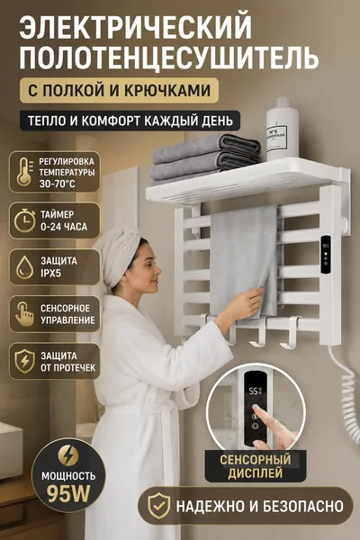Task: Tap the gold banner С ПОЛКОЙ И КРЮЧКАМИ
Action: tap(119, 90)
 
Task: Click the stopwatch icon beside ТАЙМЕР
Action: tap(25, 220)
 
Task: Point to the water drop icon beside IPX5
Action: tap(25, 267)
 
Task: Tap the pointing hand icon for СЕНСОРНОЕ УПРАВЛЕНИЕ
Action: tap(25, 314)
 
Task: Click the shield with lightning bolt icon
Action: tap(25, 361)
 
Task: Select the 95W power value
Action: tap(68, 494)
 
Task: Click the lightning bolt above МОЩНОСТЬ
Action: tap(68, 455)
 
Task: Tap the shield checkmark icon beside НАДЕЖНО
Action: tap(158, 506)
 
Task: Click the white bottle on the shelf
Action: tap(282, 129)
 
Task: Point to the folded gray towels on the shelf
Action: tap(205, 157)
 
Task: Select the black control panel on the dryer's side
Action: tap(325, 255)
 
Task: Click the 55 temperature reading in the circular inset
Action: tap(255, 391)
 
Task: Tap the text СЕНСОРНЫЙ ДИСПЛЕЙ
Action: tap(256, 466)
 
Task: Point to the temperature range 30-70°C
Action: tap(57, 184)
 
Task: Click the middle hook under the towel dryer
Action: tap(258, 332)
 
